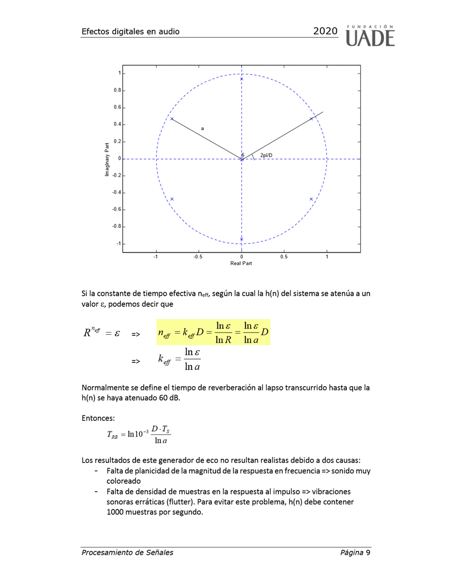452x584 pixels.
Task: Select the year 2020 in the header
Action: click(325, 31)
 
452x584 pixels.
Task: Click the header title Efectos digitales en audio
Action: click(130, 31)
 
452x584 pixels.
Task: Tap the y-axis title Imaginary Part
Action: click(107, 159)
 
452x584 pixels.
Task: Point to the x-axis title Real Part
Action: click(241, 263)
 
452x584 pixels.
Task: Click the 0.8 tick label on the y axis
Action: click(117, 91)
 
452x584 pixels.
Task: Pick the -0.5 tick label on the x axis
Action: click(198, 256)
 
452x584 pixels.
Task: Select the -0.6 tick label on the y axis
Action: click(116, 210)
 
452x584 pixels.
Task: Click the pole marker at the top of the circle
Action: click(242, 79)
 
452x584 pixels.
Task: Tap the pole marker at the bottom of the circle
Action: click(242, 239)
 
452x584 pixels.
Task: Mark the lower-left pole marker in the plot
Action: click(172, 199)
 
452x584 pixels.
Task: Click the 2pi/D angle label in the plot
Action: click(266, 155)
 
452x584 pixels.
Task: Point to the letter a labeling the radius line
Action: click(202, 128)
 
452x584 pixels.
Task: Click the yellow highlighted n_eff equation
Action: click(213, 332)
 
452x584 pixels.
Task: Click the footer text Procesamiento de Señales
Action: click(127, 553)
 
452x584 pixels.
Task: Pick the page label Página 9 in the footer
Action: click(355, 553)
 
